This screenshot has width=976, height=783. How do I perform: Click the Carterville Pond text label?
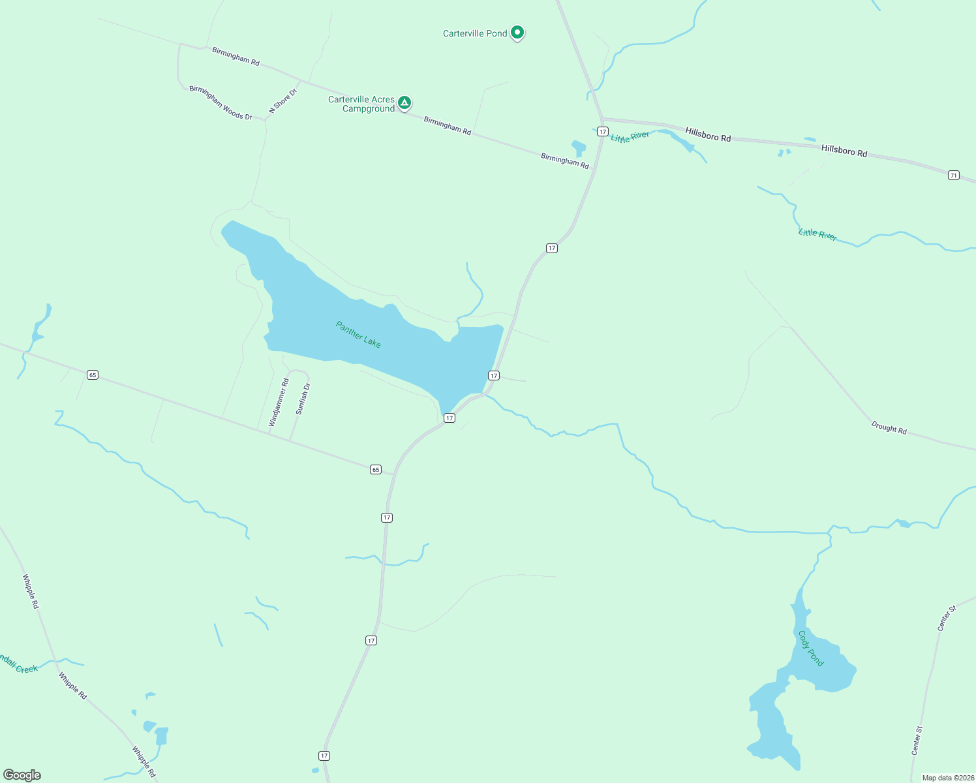click(x=474, y=33)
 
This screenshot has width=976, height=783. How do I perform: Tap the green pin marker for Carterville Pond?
click(x=517, y=31)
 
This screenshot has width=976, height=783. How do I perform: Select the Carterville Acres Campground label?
click(x=361, y=104)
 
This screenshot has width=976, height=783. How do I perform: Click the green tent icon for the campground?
click(x=404, y=102)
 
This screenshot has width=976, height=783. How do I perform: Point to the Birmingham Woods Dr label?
click(x=221, y=102)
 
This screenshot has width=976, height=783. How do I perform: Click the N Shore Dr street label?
click(x=282, y=101)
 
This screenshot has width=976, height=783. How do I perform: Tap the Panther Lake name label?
click(x=358, y=334)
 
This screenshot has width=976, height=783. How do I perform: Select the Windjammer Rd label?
click(x=279, y=403)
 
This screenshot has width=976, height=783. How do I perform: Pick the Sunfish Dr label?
click(x=303, y=399)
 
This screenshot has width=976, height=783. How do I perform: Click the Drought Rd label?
click(x=889, y=427)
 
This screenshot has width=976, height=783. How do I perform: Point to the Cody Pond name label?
click(x=811, y=648)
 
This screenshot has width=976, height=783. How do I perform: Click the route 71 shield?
click(x=954, y=175)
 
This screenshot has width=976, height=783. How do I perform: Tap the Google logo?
click(x=22, y=775)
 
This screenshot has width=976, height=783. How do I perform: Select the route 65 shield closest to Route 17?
click(x=375, y=469)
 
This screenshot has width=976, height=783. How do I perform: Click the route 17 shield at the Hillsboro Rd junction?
click(x=602, y=132)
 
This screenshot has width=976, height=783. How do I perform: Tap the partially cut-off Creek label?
click(x=18, y=665)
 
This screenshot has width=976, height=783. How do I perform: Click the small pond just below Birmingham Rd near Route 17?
click(x=579, y=147)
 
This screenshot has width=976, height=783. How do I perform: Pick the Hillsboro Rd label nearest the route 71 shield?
click(x=844, y=151)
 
